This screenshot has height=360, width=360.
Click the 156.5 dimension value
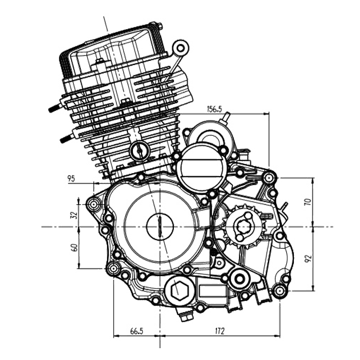tap(214, 109)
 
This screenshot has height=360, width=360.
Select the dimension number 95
tap(70, 179)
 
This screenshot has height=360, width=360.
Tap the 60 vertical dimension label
tap(74, 248)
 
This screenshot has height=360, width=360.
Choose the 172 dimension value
tap(219, 330)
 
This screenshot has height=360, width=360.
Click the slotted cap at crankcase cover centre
tap(160, 226)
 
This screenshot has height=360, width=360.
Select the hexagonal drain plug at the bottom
tap(178, 291)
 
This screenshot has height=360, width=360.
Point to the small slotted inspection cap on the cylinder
tap(139, 151)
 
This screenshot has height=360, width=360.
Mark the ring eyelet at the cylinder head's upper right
tap(181, 48)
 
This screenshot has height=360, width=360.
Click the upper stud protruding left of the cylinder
tap(54, 108)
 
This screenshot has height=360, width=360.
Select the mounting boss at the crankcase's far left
tap(95, 204)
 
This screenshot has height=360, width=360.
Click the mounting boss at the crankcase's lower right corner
tap(279, 292)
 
